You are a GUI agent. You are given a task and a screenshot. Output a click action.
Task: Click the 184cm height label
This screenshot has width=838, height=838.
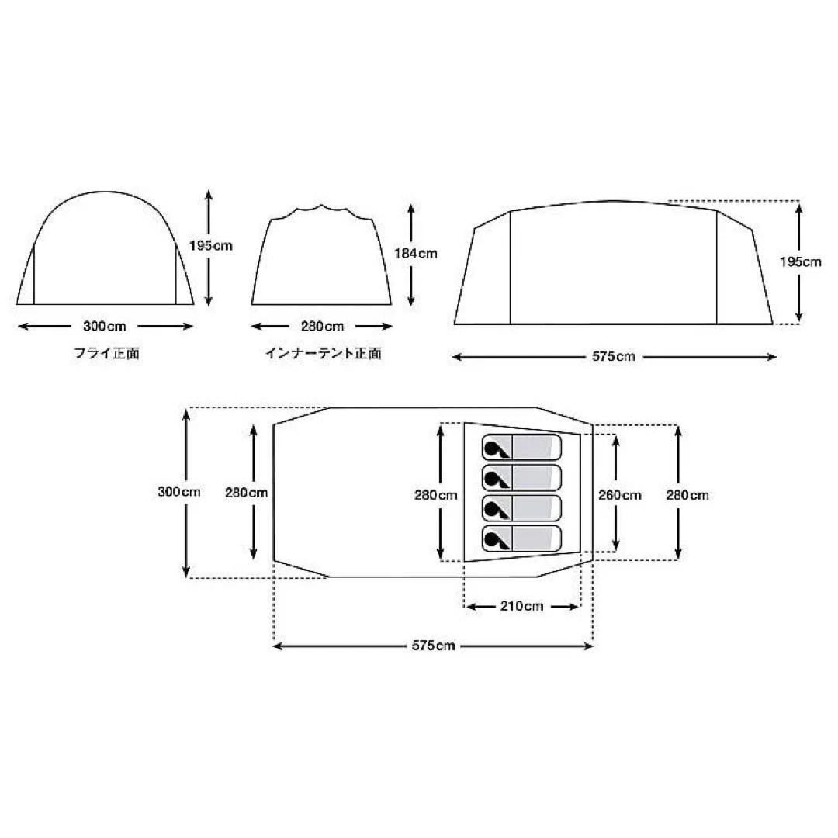click(416, 253)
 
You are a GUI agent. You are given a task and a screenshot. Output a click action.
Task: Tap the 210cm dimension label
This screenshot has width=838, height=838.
click(521, 606)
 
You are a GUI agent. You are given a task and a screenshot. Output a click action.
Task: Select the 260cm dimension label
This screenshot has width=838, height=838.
click(619, 495)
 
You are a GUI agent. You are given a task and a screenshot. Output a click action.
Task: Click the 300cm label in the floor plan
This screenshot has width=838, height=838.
click(179, 492)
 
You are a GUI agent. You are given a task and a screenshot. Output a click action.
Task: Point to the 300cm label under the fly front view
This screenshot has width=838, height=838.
click(105, 326)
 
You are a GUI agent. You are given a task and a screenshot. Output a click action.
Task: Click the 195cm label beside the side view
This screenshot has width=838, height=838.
click(800, 262)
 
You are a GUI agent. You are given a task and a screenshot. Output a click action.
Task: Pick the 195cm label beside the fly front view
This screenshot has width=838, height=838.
click(211, 246)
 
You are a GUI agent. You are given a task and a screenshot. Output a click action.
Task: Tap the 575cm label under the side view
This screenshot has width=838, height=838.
click(614, 356)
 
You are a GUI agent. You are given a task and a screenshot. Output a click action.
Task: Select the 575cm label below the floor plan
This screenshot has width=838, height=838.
click(434, 646)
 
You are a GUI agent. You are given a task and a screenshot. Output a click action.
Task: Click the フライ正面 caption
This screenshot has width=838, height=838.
click(107, 353)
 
